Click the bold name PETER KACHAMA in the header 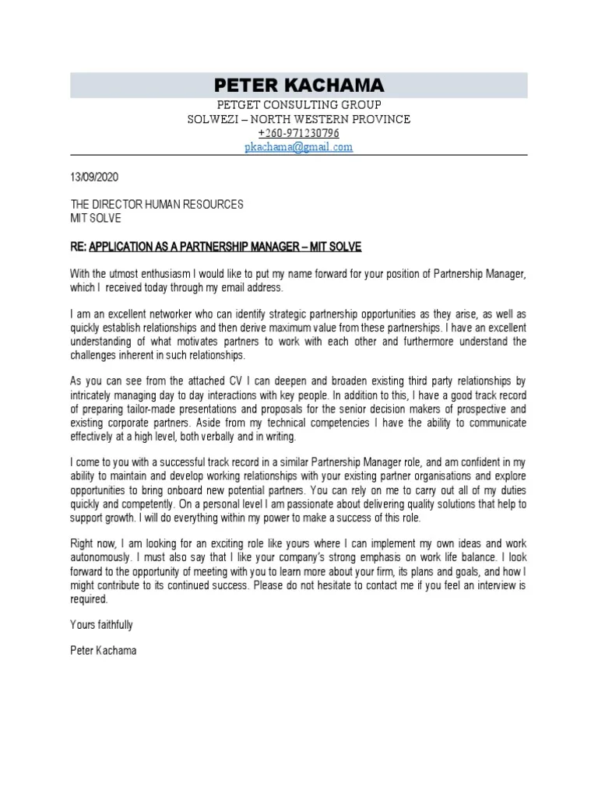(299, 85)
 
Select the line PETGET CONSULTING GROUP (299, 105)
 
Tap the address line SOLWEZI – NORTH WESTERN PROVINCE (299, 119)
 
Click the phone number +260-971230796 (299, 133)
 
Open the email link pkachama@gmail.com (299, 146)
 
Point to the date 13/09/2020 (94, 177)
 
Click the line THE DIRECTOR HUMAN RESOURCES (157, 204)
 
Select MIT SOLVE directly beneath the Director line (96, 218)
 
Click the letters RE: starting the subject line (79, 247)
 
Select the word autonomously (105, 558)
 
